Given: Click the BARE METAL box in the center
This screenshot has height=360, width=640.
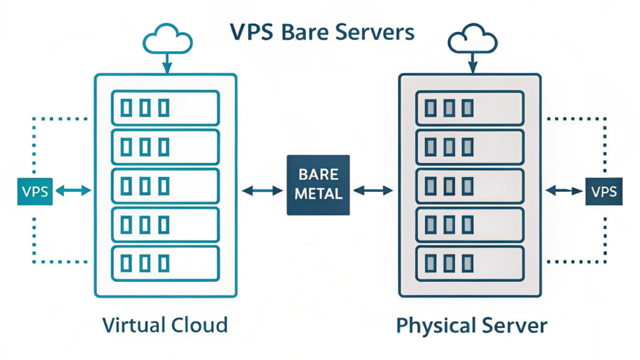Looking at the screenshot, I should pyautogui.click(x=319, y=185).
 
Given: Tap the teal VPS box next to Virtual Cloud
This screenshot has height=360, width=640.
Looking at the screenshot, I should pyautogui.click(x=35, y=191).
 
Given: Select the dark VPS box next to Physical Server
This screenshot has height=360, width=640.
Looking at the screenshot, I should pyautogui.click(x=604, y=191).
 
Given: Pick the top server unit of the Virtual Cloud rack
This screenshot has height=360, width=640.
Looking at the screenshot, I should pyautogui.click(x=165, y=108).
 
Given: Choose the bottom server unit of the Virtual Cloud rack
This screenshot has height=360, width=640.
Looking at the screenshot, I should pyautogui.click(x=165, y=263).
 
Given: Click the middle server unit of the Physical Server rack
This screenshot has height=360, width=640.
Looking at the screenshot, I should pyautogui.click(x=470, y=186).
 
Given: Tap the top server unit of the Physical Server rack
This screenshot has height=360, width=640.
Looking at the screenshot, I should pyautogui.click(x=470, y=108).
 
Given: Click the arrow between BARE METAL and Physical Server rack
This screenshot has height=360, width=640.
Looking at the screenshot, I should pyautogui.click(x=374, y=191).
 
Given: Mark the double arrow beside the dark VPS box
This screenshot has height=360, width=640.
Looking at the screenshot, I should pyautogui.click(x=564, y=191).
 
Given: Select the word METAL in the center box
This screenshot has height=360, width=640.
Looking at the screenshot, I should pyautogui.click(x=319, y=194).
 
